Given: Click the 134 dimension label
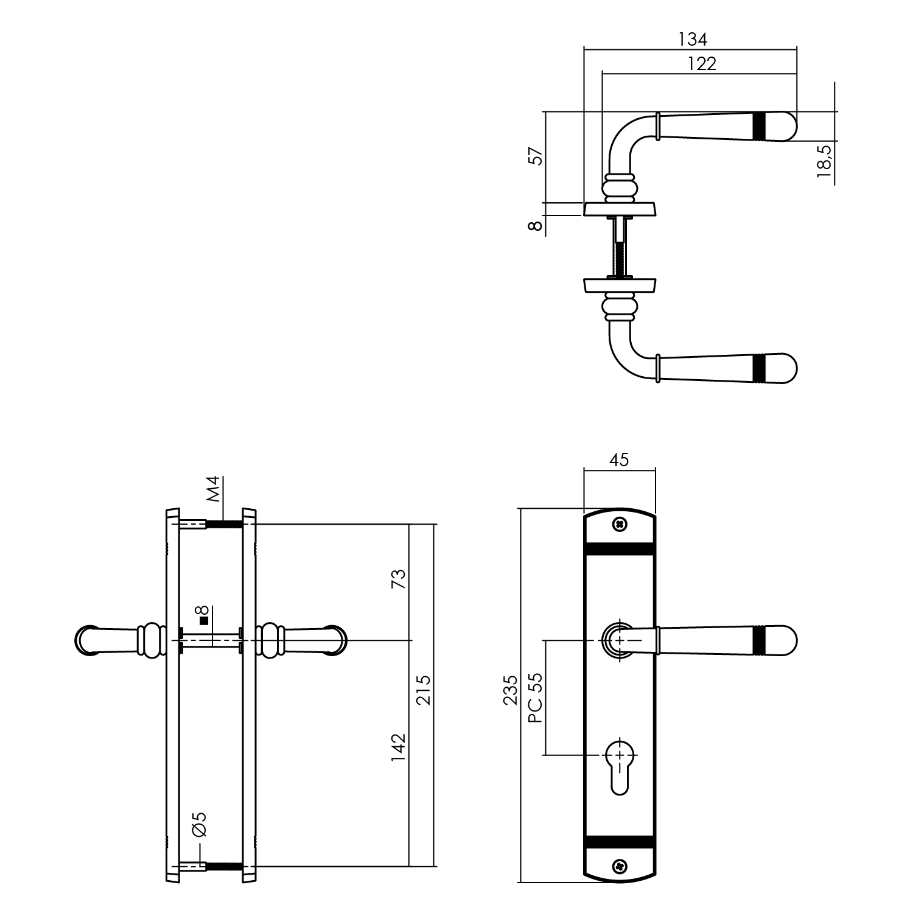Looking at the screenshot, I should pyautogui.click(x=693, y=40).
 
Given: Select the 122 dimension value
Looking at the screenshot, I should pyautogui.click(x=702, y=63).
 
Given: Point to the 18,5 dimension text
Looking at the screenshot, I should pyautogui.click(x=825, y=161).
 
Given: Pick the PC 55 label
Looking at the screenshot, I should pyautogui.click(x=535, y=698).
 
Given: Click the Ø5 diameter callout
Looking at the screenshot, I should pyautogui.click(x=200, y=824).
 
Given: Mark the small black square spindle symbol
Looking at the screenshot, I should pyautogui.click(x=204, y=621).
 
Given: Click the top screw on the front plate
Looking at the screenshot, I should pyautogui.click(x=620, y=523).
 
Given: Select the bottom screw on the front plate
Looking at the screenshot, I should pyautogui.click(x=620, y=865).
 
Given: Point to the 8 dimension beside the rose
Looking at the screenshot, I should pyautogui.click(x=534, y=225).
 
